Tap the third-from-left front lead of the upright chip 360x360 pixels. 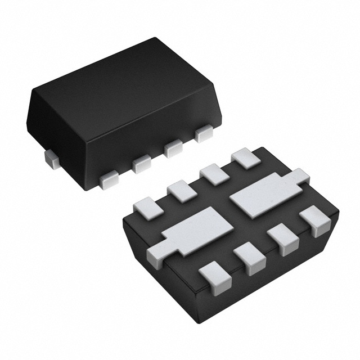coord(173,148)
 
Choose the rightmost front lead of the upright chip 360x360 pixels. coord(202,135)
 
